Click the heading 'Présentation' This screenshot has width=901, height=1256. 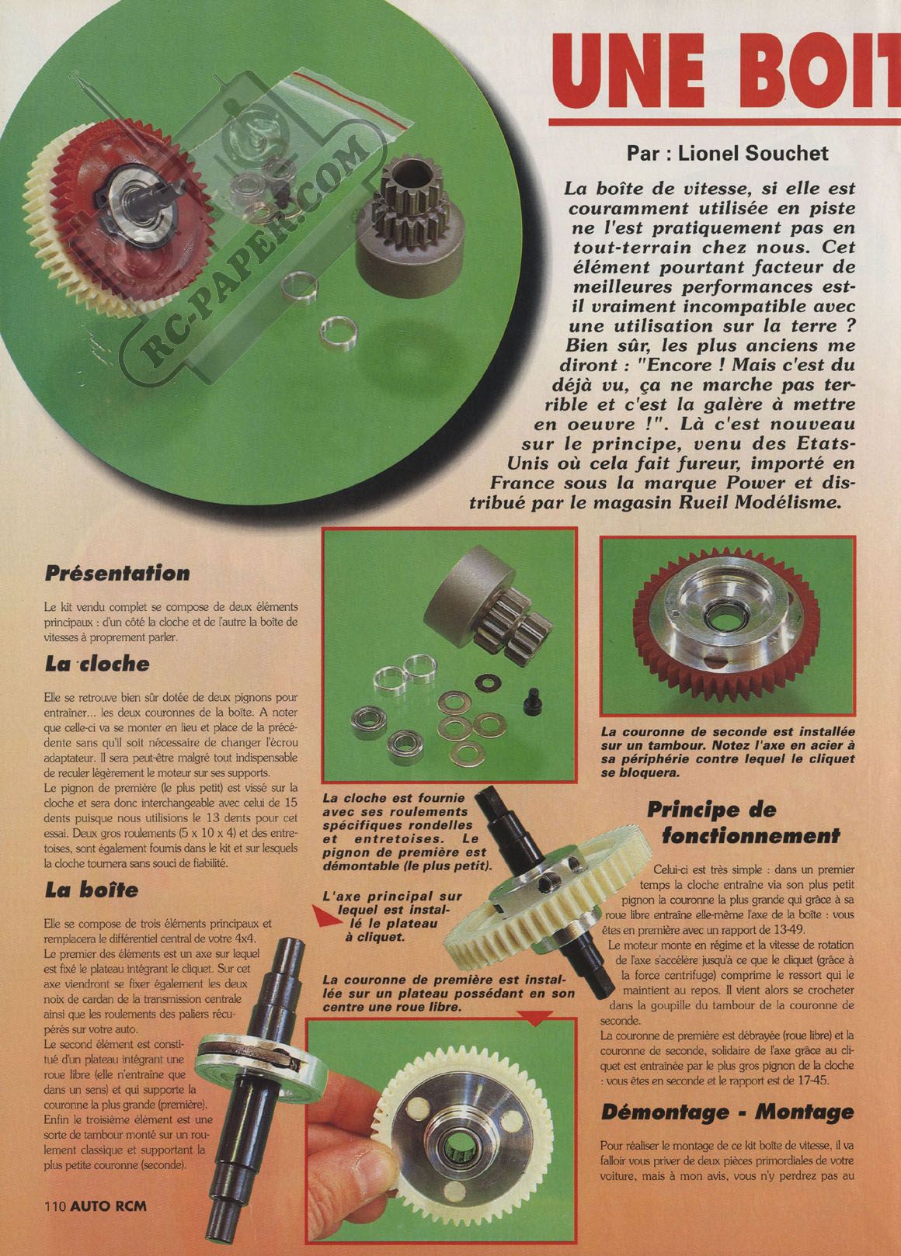117,573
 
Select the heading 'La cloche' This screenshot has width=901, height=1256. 96,664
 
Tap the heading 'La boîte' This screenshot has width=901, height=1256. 91,890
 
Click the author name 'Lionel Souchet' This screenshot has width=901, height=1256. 753,154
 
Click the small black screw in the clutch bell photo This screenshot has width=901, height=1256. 531,698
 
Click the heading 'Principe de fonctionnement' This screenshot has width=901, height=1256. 743,823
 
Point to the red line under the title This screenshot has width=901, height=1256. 725,122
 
